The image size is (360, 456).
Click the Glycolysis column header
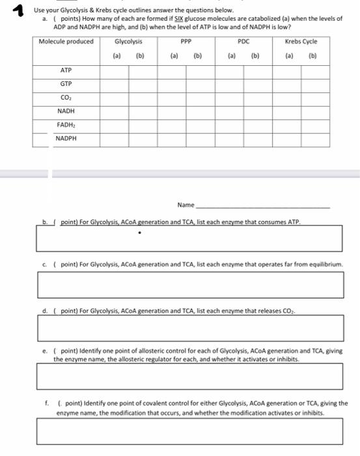[128, 42]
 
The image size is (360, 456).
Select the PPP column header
[186, 42]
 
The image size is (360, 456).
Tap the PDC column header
[243, 42]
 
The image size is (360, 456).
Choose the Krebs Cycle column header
[301, 42]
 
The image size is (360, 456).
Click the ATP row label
[66, 70]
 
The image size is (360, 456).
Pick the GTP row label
[66, 84]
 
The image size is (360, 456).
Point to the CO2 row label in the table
[66, 98]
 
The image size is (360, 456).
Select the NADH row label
[66, 111]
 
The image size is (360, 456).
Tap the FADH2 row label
[66, 124]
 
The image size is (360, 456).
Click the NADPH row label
[66, 138]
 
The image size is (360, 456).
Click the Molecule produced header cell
[66, 42]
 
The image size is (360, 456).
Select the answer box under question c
[189, 285]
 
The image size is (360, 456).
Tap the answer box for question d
[189, 328]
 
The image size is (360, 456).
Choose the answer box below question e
[189, 376]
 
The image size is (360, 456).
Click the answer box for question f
[189, 431]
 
